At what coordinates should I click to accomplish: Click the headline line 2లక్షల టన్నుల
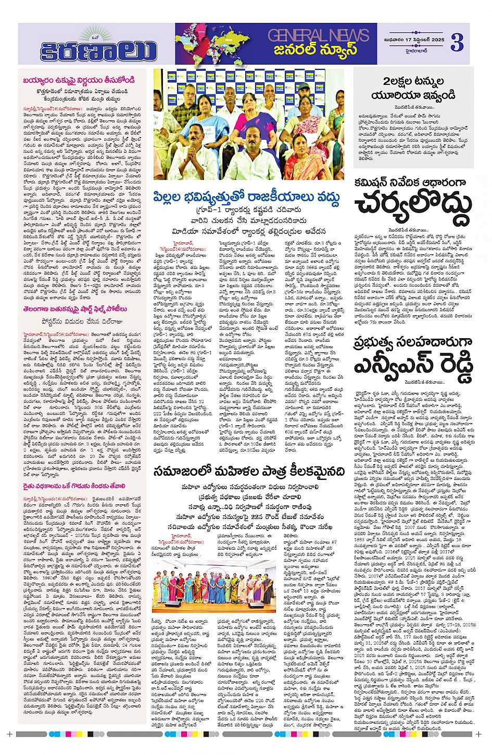pos(413,82)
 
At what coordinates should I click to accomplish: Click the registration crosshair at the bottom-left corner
pos(9,735)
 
